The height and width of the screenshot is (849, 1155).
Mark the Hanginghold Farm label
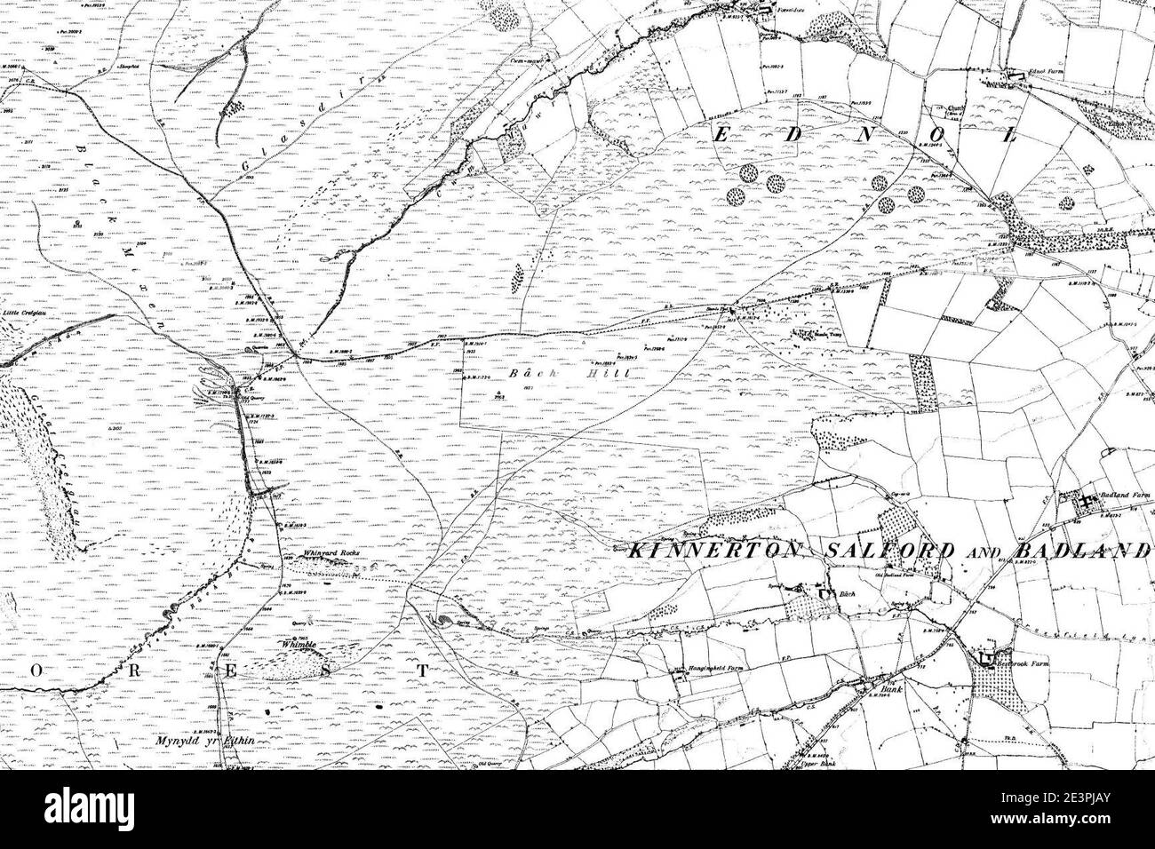pos(719,667)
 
